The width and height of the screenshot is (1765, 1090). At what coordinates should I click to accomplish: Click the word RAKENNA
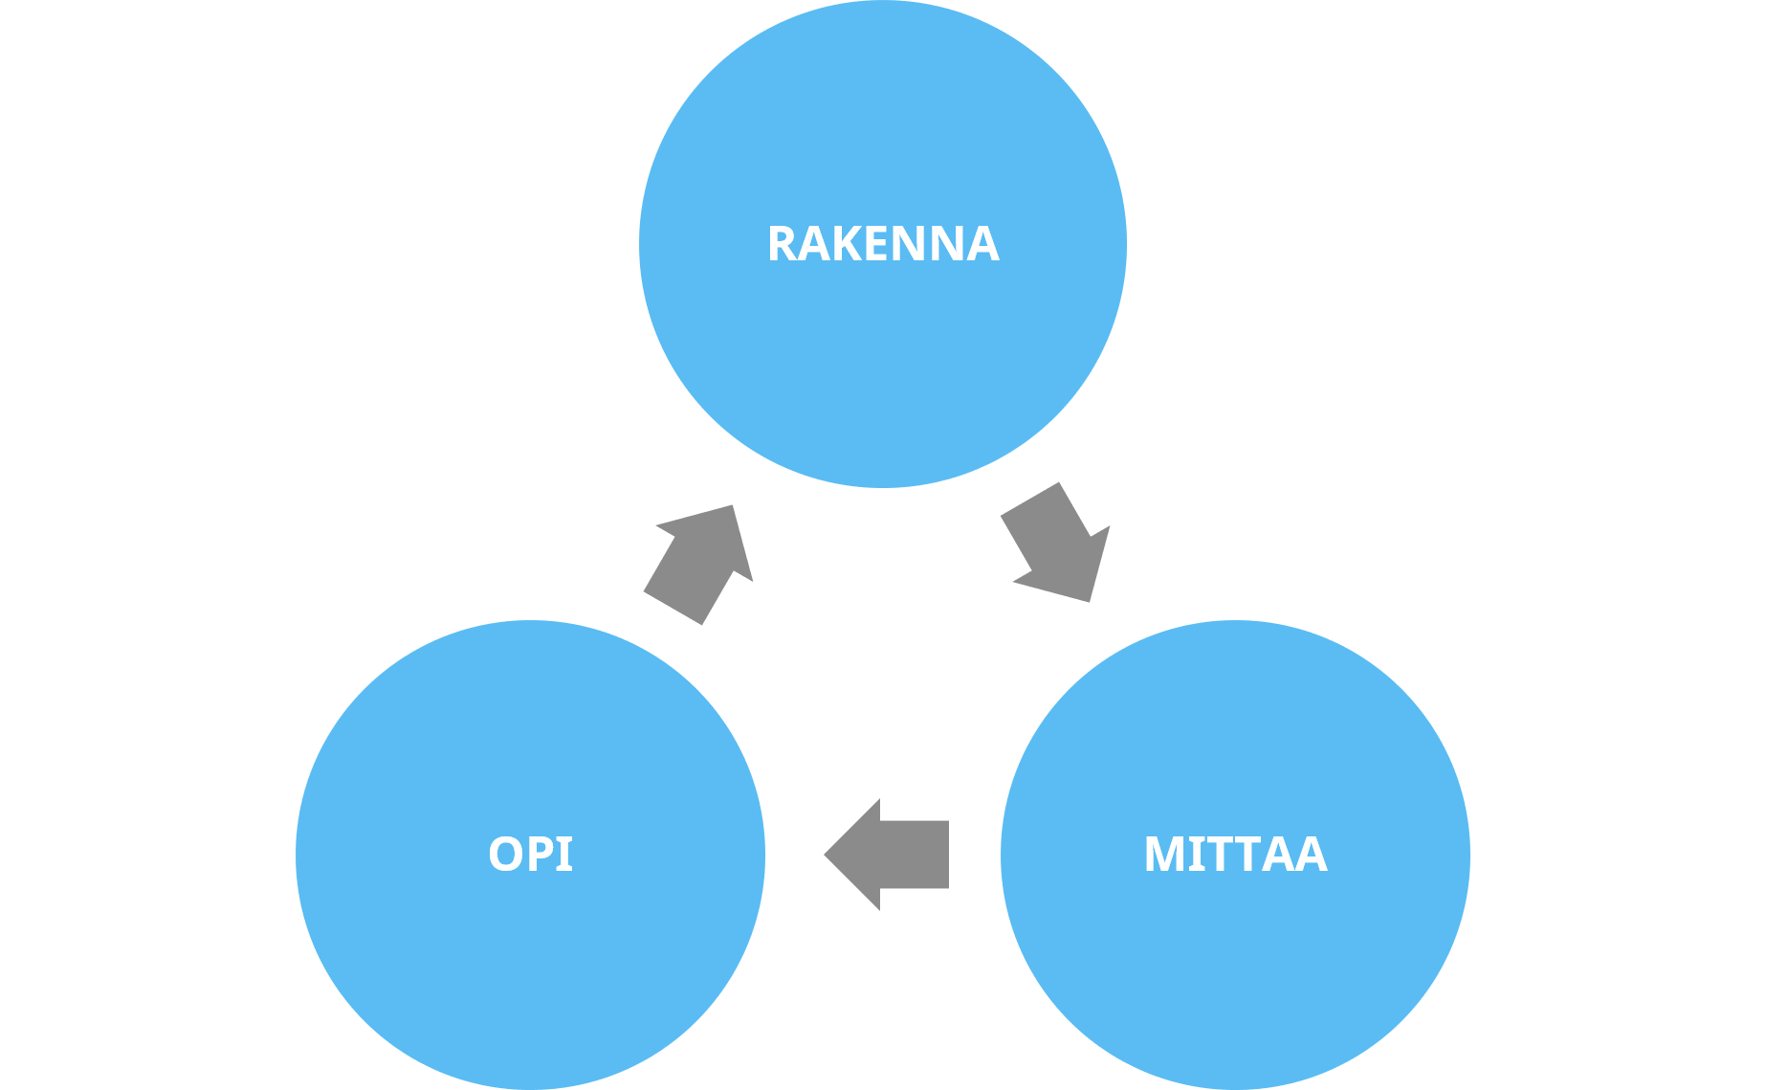pyautogui.click(x=883, y=244)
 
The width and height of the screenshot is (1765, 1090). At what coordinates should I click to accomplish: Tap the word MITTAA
pyautogui.click(x=1235, y=855)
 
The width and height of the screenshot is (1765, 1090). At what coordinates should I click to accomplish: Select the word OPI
pyautogui.click(x=530, y=854)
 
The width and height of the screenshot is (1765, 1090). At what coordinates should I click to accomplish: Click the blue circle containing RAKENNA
pyautogui.click(x=883, y=364)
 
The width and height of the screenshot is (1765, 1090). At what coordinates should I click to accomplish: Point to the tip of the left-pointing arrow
pyautogui.click(x=827, y=855)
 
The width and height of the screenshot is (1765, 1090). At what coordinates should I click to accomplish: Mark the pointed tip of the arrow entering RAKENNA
pyautogui.click(x=733, y=506)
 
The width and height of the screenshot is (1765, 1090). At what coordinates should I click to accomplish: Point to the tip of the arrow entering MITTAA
pyautogui.click(x=1089, y=600)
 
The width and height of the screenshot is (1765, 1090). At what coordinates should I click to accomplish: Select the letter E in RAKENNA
pyautogui.click(x=879, y=244)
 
